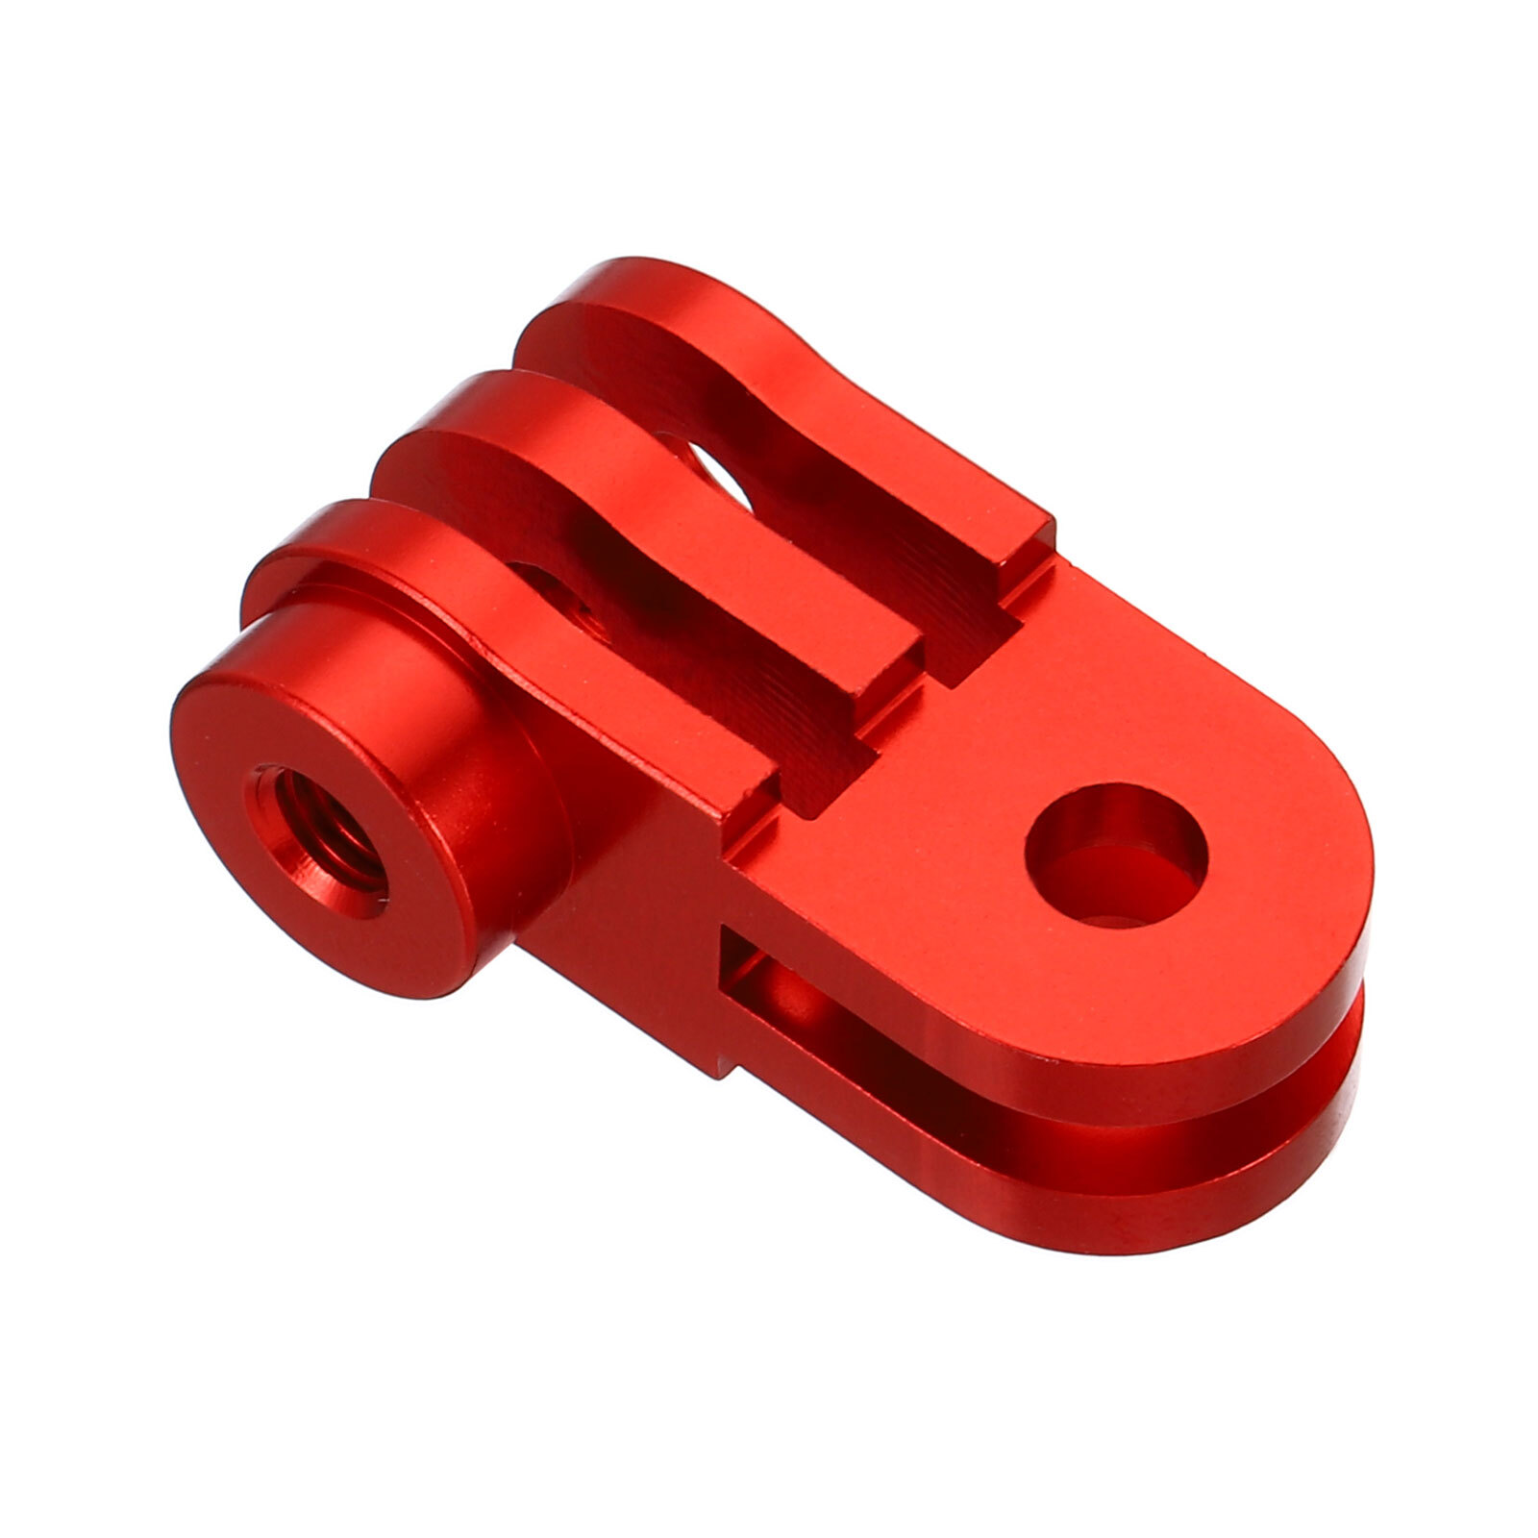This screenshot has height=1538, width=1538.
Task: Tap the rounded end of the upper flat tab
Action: click(x=1327, y=923)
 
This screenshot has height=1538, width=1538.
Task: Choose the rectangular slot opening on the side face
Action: click(x=759, y=971)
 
